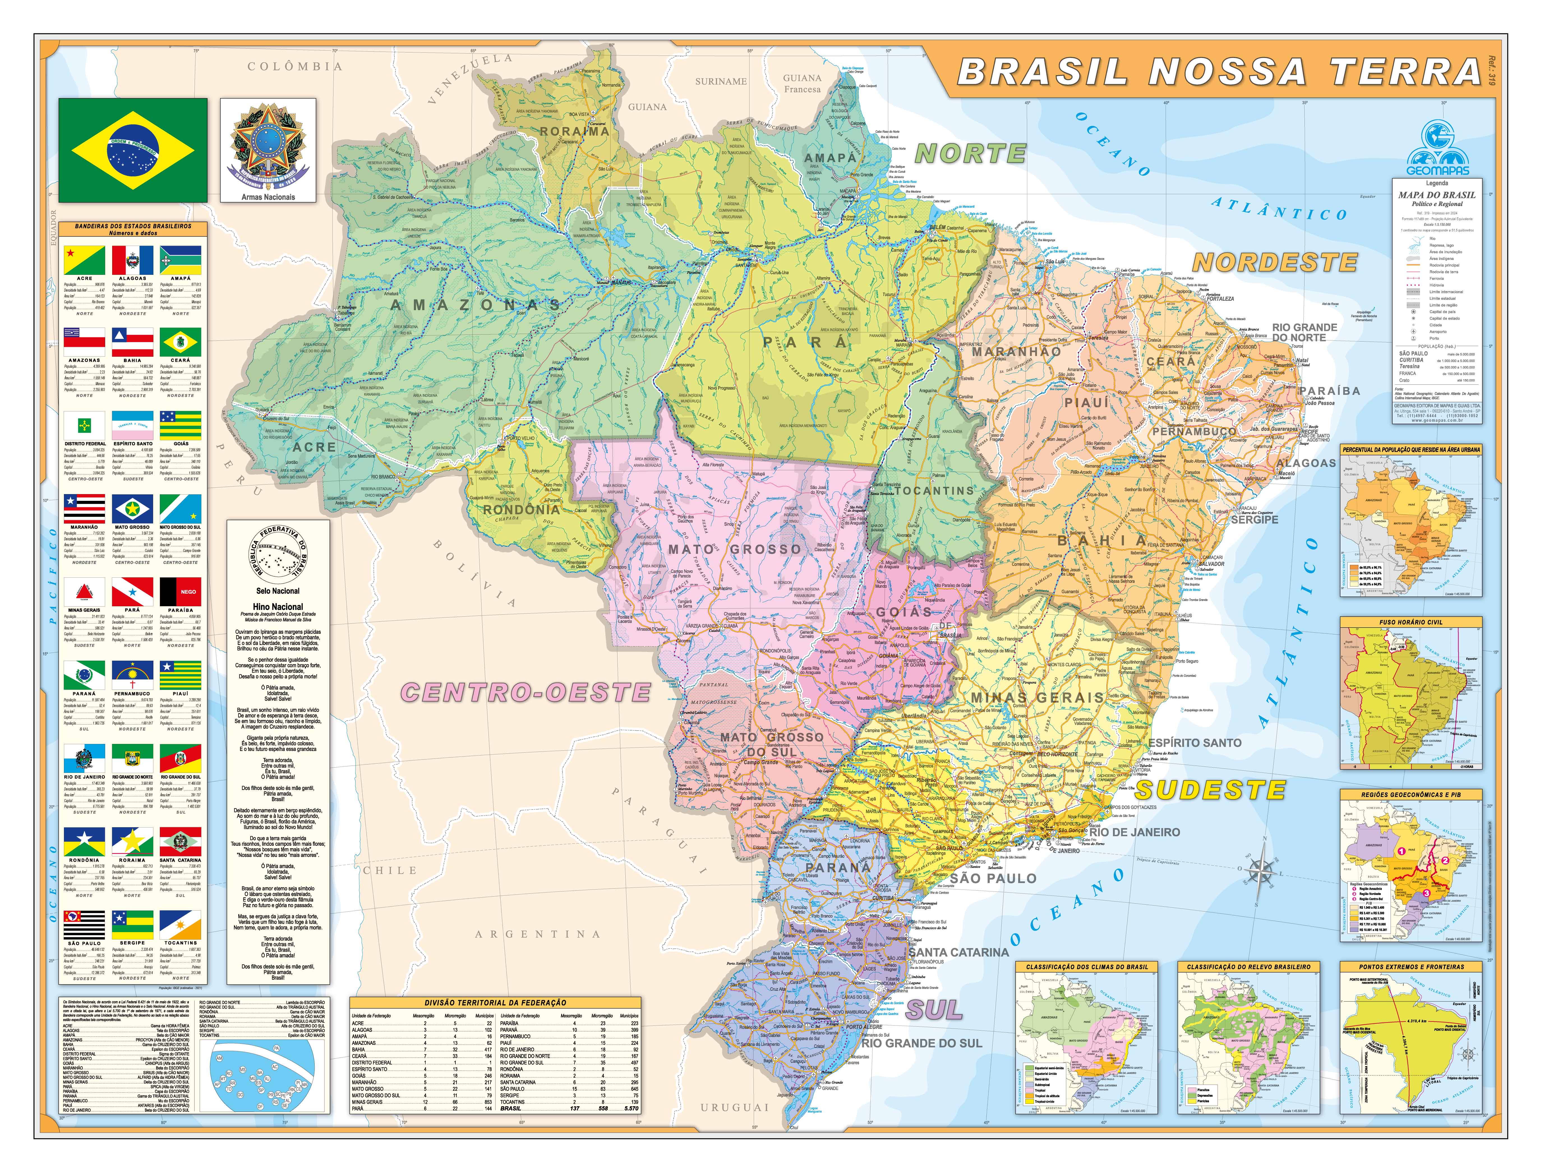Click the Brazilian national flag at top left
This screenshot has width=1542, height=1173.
(x=133, y=149)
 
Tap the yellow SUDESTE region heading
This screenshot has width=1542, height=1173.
(x=1210, y=790)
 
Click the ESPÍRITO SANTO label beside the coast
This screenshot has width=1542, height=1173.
(x=1194, y=743)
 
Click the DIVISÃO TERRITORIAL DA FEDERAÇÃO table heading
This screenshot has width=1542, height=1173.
(x=495, y=1003)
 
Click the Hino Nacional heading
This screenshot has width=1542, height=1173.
(x=278, y=607)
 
